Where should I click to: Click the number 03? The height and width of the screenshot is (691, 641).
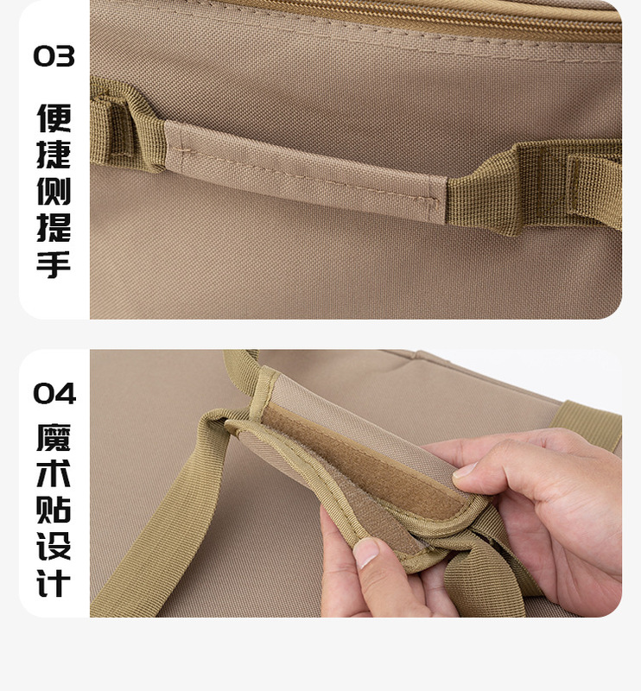54,57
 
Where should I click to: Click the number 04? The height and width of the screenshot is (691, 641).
54,394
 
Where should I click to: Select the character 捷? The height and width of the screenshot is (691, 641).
54,156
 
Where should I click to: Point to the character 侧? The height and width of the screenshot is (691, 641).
54,192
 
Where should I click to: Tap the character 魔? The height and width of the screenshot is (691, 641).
54,440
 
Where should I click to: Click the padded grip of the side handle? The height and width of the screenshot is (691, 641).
302,168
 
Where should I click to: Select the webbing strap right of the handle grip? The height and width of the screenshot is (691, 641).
536,186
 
